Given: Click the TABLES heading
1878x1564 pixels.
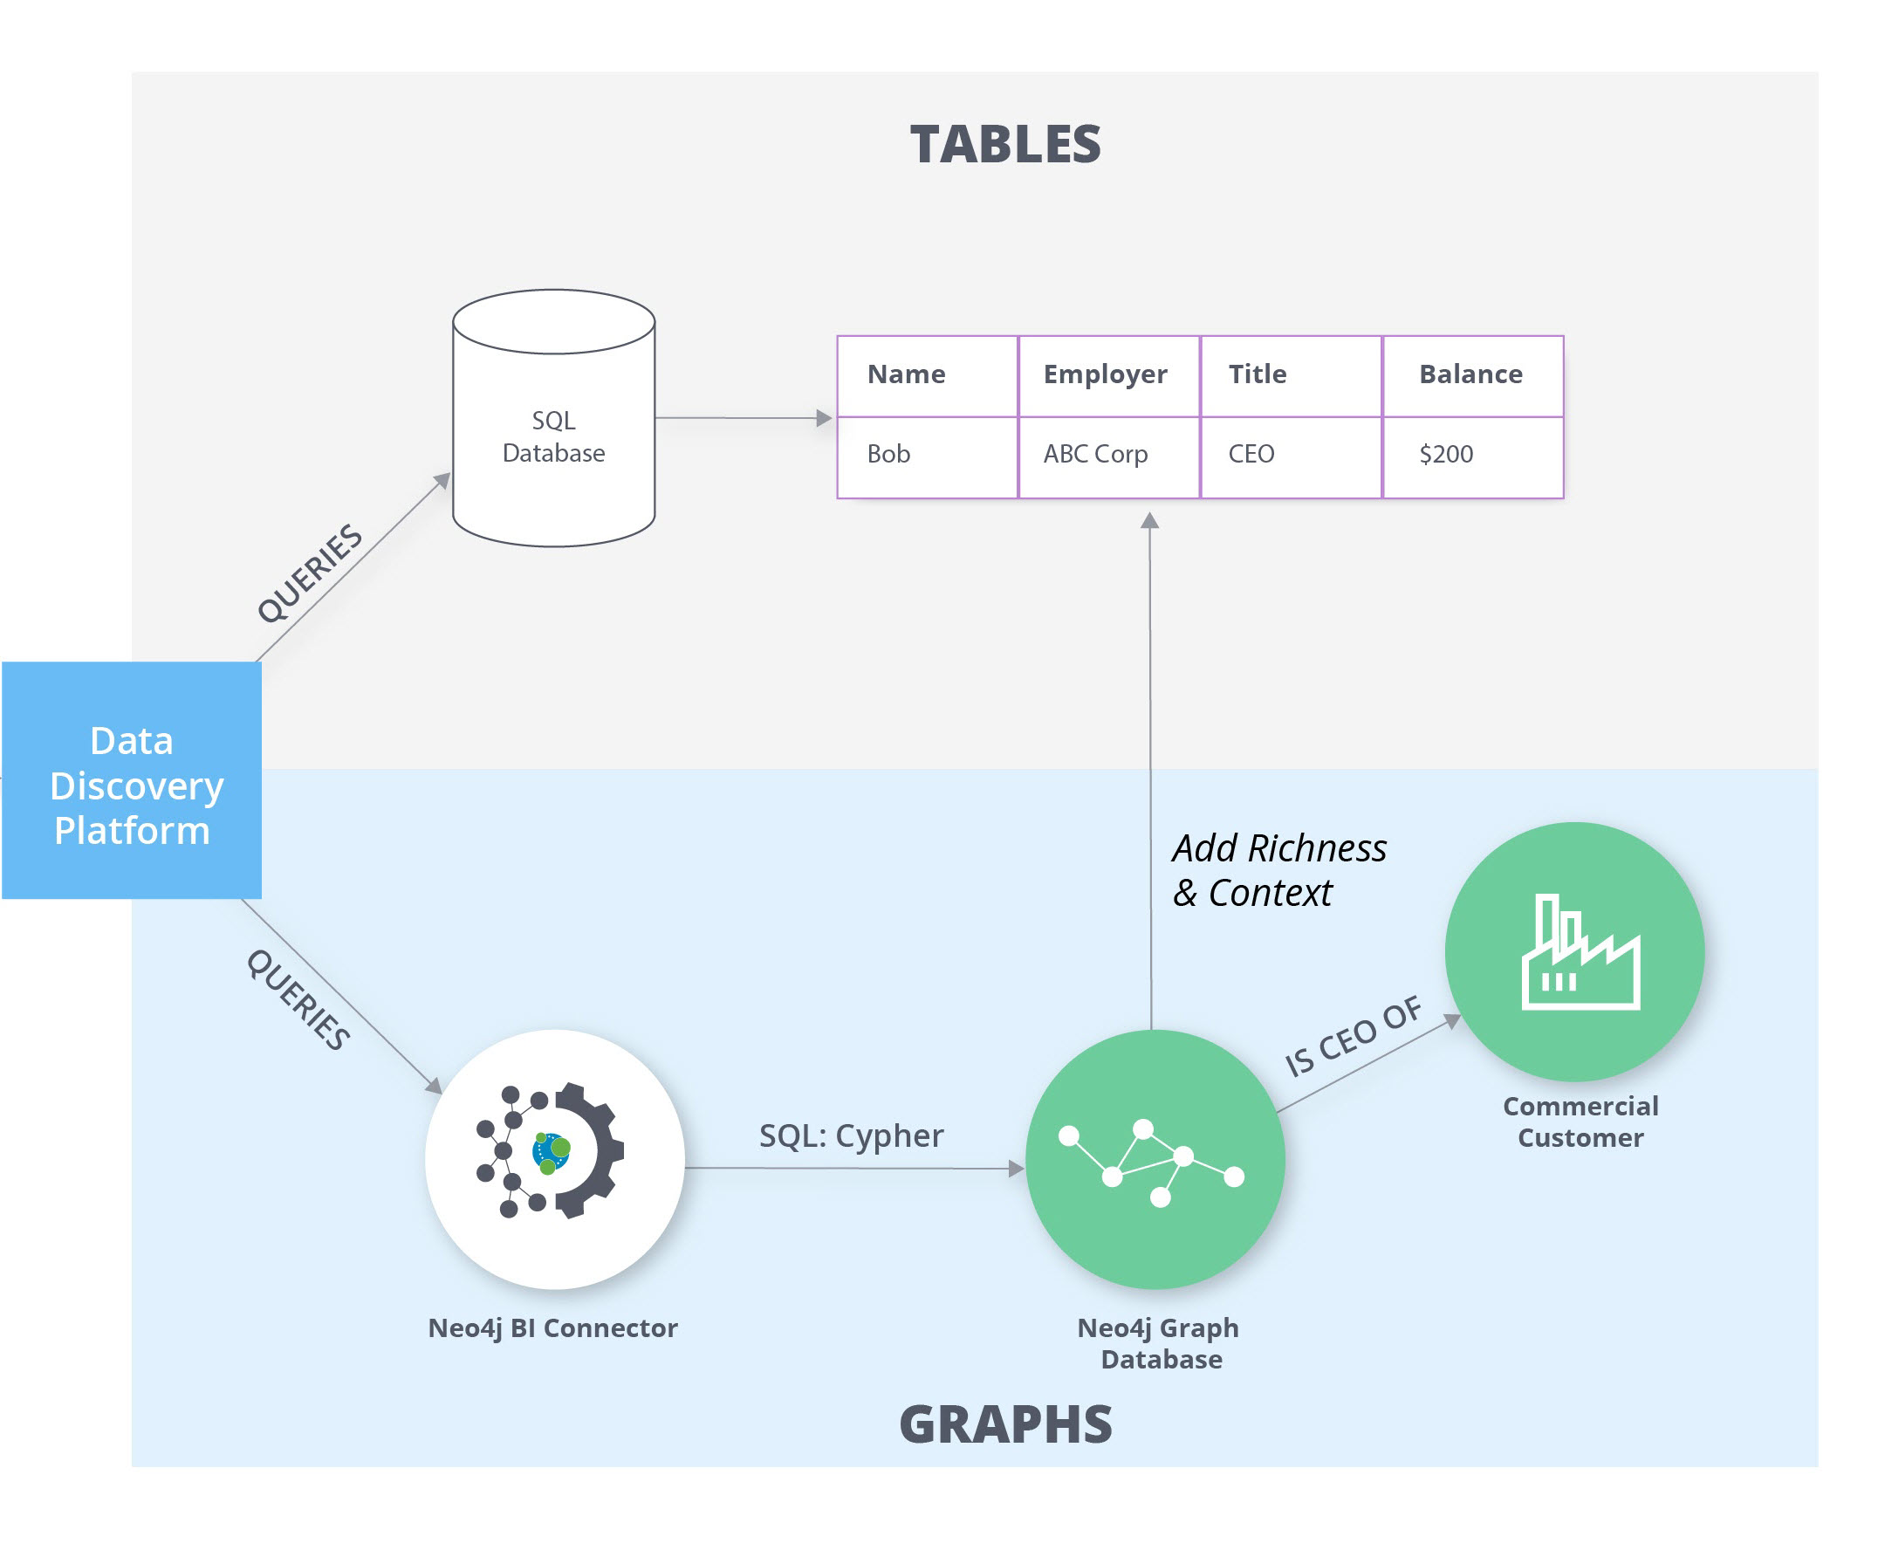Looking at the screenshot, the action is (1005, 144).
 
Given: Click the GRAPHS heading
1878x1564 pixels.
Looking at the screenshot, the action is (1005, 1424).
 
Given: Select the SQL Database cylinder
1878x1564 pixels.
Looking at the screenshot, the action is (553, 417).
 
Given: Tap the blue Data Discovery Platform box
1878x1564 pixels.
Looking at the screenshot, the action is (132, 779).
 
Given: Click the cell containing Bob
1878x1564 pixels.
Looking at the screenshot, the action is (928, 457).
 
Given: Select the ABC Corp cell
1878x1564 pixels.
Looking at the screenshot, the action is (1109, 457).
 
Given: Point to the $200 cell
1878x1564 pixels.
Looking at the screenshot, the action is (1473, 457).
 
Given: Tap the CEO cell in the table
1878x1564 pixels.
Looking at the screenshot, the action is (1292, 457).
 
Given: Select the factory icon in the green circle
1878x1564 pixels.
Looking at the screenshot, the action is (1580, 951).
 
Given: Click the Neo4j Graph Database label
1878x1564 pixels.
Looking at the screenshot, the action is (1159, 1343).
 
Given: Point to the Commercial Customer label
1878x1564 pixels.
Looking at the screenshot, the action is (1580, 1122).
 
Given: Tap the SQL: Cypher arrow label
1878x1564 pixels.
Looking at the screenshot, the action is (852, 1135).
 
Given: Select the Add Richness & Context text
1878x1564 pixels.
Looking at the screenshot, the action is (1278, 870).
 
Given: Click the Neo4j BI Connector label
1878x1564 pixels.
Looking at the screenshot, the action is (552, 1328).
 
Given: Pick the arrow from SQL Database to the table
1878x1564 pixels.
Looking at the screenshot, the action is (744, 417).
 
